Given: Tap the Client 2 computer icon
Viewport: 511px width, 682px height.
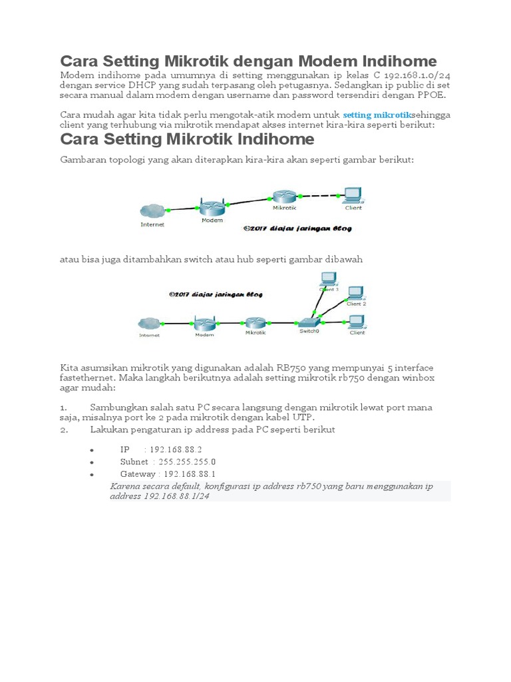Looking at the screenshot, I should pos(356,294).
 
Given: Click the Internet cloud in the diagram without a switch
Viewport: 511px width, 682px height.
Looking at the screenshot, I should pos(152,212).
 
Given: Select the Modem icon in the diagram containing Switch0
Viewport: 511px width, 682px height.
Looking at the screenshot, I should pos(204,324).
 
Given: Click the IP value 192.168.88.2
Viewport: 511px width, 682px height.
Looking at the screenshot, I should pos(176,450).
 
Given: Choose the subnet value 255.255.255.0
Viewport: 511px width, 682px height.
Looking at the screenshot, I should pos(187,462).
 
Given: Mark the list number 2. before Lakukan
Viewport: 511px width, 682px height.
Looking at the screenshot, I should pos(64,430).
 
